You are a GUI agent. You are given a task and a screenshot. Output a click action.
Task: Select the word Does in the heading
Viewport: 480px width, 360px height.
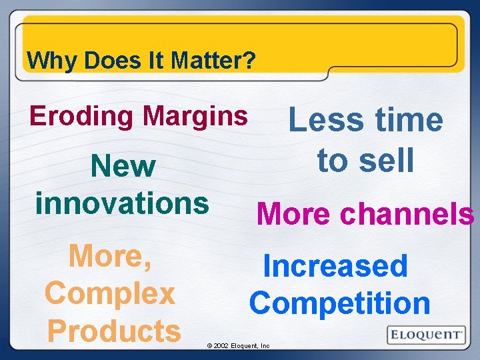[104, 61]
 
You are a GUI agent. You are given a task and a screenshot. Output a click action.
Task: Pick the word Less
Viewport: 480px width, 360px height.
[325, 121]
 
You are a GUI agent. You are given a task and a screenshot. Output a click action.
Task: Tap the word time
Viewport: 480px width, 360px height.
[407, 121]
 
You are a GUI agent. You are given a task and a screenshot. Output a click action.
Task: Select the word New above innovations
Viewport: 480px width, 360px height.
[123, 167]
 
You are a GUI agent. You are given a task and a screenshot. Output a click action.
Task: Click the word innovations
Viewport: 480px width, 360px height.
[122, 202]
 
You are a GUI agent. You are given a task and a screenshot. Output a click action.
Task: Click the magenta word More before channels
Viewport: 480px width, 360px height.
[293, 214]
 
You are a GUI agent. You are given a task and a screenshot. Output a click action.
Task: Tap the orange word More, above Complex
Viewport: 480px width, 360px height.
[111, 256]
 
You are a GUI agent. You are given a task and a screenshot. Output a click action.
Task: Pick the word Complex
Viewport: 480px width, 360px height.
[110, 293]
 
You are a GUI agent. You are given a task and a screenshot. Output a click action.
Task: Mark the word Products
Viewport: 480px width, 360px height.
[114, 330]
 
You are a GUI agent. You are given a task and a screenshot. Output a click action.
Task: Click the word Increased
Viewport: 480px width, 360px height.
[335, 266]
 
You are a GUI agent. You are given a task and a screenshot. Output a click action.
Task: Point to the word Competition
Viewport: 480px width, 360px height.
[340, 303]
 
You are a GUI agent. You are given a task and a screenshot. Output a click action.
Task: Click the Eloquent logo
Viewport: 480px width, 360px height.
[425, 334]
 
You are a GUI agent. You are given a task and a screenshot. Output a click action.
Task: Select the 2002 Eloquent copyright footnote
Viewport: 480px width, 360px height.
[238, 346]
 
